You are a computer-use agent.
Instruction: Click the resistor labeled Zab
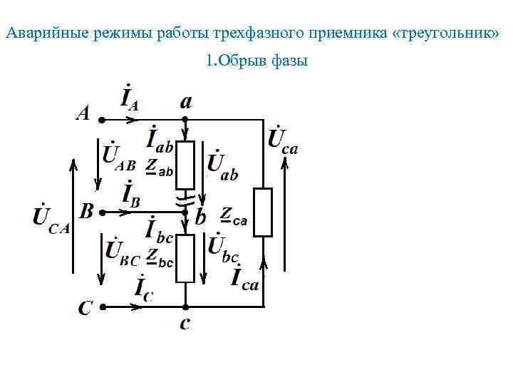tap(185, 165)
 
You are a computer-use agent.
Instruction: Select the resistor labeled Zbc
tap(185, 258)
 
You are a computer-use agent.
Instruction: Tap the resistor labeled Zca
tap(263, 212)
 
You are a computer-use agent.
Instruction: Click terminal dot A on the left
tap(101, 120)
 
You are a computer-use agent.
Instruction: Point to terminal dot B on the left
tap(101, 212)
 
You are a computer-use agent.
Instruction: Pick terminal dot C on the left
tap(101, 307)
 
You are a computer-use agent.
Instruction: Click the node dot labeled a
tap(185, 120)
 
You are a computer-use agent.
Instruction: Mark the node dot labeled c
tap(185, 307)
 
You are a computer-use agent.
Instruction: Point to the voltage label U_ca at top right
tap(282, 138)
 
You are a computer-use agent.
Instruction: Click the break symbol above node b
tap(185, 197)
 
